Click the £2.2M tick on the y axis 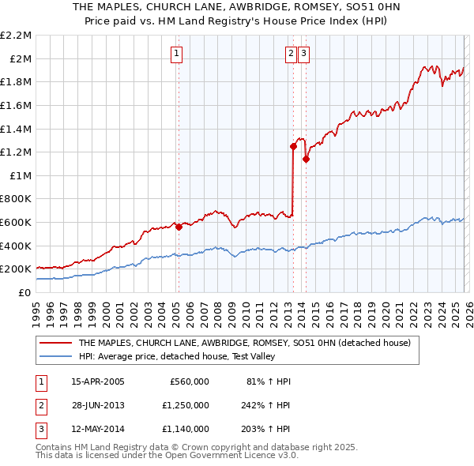(x=16, y=36)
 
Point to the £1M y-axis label (x=20, y=175)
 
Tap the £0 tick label (x=25, y=292)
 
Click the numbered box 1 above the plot (x=175, y=54)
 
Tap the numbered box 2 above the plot (x=291, y=54)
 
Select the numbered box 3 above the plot (x=304, y=54)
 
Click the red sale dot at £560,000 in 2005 (x=179, y=227)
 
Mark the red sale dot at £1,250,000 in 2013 (x=293, y=146)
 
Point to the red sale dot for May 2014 (x=306, y=159)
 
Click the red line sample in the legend (x=55, y=344)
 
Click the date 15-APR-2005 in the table (x=98, y=381)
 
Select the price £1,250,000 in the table (x=185, y=405)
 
